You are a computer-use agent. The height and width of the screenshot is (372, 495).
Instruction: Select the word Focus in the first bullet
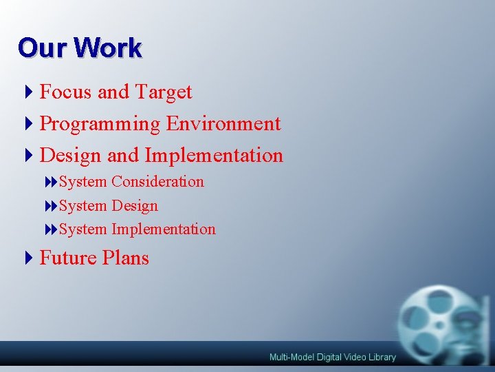67,92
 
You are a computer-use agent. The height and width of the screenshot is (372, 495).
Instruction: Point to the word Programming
100,124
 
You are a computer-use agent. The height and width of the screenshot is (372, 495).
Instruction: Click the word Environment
223,124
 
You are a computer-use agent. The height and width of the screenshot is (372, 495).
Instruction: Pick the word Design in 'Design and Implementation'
71,156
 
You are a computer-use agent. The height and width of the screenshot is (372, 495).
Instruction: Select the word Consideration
157,182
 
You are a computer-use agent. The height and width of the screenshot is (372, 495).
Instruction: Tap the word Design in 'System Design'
135,205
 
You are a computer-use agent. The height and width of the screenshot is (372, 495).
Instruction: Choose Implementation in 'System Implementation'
164,229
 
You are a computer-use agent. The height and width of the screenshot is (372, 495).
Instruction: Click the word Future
68,258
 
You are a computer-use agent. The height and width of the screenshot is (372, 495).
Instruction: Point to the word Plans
125,258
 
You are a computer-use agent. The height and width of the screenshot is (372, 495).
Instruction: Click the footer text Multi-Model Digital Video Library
333,357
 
